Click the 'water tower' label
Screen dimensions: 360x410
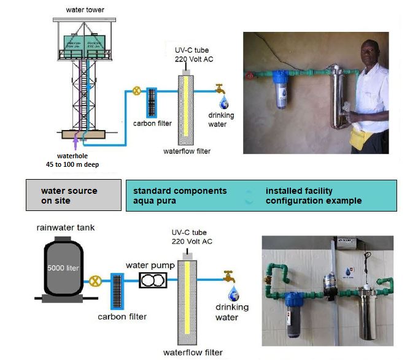click(x=85, y=10)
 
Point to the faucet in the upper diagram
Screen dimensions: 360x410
click(x=219, y=88)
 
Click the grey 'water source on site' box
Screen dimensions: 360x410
click(x=73, y=196)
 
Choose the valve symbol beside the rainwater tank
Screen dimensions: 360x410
click(x=95, y=282)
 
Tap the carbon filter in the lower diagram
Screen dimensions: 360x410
click(x=118, y=293)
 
